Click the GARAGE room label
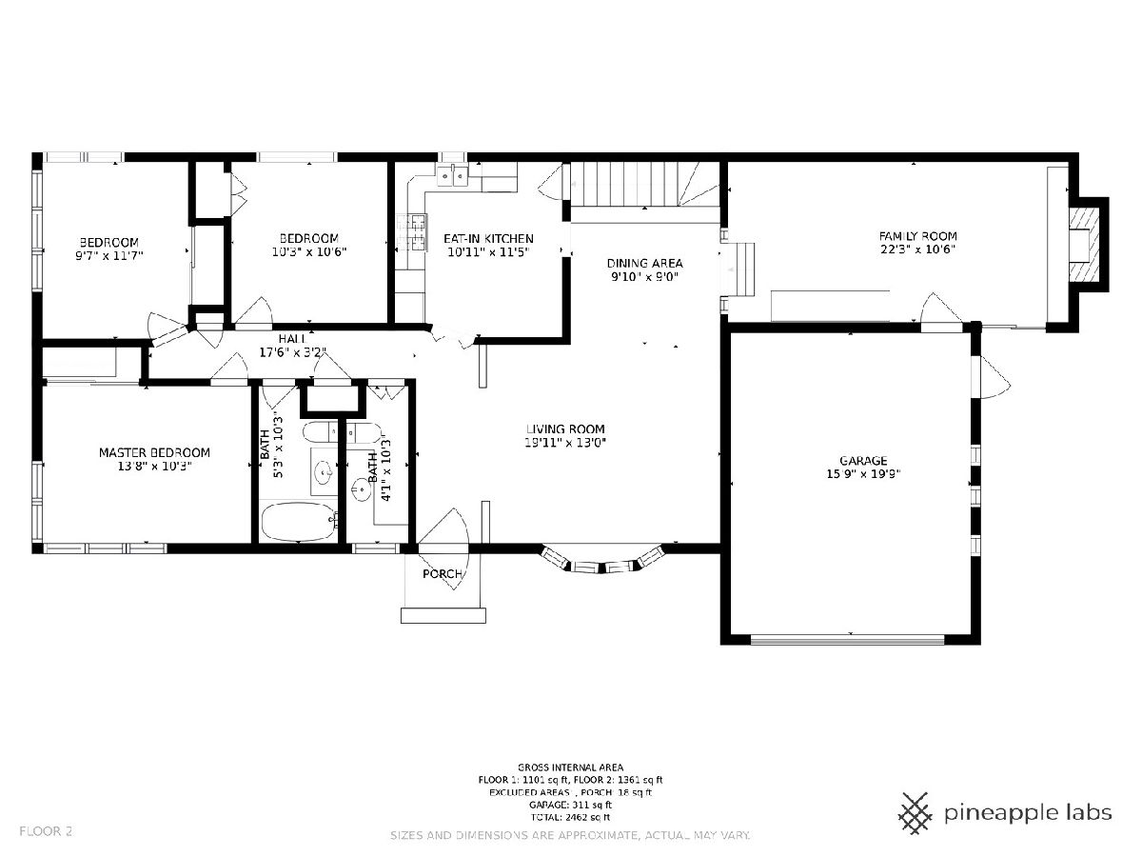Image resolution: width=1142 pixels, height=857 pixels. (x=863, y=461)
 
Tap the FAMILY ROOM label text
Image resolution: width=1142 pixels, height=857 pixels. (x=917, y=236)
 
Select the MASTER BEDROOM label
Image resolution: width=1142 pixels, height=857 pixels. (x=154, y=452)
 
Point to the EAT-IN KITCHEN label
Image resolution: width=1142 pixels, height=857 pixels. (x=488, y=239)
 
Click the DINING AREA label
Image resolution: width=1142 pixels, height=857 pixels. (x=644, y=264)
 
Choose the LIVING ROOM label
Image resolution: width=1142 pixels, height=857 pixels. (x=565, y=429)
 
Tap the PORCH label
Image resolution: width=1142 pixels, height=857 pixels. (x=443, y=574)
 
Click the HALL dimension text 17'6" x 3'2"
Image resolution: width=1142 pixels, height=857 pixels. (x=293, y=352)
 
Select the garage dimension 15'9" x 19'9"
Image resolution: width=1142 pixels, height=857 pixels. (x=863, y=474)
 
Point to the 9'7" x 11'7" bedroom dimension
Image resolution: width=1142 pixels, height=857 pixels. (x=109, y=255)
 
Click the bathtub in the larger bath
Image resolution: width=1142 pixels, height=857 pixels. (x=299, y=522)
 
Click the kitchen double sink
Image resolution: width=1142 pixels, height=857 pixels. (x=453, y=176)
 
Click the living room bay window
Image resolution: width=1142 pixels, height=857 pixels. (x=602, y=562)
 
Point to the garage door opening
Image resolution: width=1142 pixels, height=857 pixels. (x=848, y=640)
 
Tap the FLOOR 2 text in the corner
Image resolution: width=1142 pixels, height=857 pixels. (x=46, y=831)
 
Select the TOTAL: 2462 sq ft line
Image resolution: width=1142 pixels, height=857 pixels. (x=570, y=817)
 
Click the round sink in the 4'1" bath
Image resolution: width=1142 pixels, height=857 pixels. (x=361, y=489)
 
